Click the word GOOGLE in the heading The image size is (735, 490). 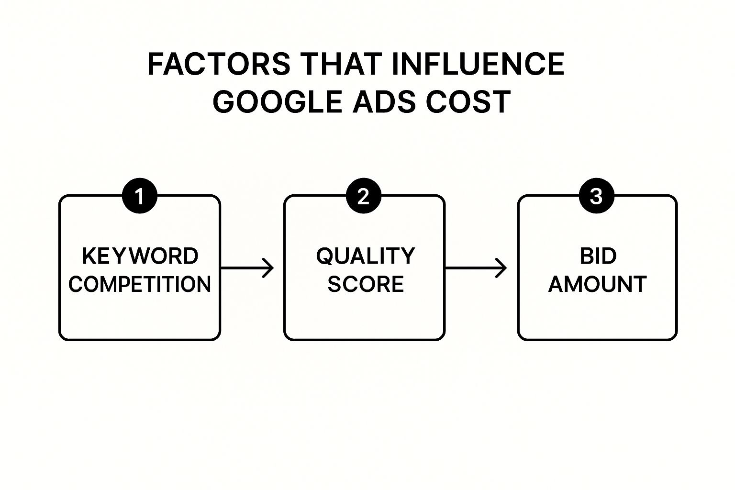coord(278,101)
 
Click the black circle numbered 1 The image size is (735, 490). coord(140,196)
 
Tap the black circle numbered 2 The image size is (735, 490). coord(364,196)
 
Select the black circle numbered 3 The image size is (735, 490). coord(596,196)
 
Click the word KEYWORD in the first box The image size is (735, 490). coord(140,256)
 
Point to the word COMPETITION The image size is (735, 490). coord(140,284)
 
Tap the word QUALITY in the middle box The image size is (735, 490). coord(366,256)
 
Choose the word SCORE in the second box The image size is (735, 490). coord(366,284)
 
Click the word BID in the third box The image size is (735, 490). coord(598,256)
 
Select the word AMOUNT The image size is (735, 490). coord(598,284)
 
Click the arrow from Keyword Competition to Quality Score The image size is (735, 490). coord(246,268)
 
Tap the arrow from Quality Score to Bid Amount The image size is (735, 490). coord(475,268)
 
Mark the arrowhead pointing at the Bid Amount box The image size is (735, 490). coord(502,268)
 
